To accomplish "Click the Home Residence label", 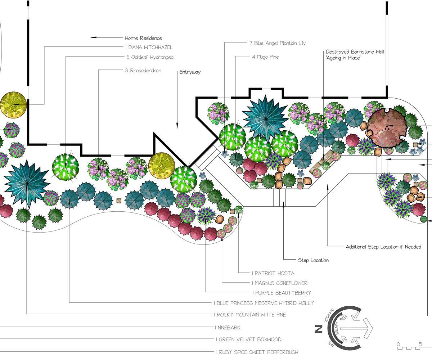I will pyautogui.click(x=143, y=38).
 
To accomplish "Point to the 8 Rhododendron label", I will pyautogui.click(x=143, y=71).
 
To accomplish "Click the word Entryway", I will pyautogui.click(x=190, y=72).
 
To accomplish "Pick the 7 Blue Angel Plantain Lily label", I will pyautogui.click(x=277, y=43).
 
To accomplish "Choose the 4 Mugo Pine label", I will pyautogui.click(x=266, y=57).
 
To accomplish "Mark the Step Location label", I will pyautogui.click(x=313, y=260).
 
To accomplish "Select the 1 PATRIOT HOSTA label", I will pyautogui.click(x=273, y=273).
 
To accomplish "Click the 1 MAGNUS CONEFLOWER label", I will pyautogui.click(x=280, y=283).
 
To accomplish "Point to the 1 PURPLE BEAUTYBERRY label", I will pyautogui.click(x=282, y=293).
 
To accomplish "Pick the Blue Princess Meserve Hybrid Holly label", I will pyautogui.click(x=264, y=303).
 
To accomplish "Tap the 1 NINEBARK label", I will pyautogui.click(x=228, y=328).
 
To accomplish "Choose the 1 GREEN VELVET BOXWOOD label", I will pyautogui.click(x=248, y=339).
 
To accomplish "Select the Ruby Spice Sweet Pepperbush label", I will pyautogui.click(x=257, y=352).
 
